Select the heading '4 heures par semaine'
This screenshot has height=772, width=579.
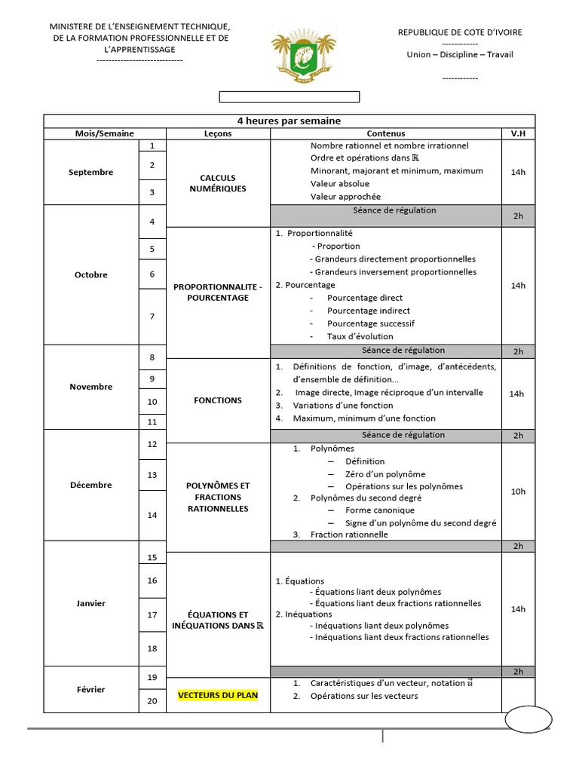coord(289,121)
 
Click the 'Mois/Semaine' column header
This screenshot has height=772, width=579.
coord(104,133)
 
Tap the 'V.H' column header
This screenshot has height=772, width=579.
coord(518,133)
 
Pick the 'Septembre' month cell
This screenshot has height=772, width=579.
coord(90,172)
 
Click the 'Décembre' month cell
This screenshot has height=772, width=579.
coord(90,485)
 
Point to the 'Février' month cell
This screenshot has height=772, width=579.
coord(90,689)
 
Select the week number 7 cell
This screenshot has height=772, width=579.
coord(152,317)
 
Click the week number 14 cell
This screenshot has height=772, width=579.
coord(152,515)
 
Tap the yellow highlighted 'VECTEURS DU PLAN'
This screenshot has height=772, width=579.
coord(217,696)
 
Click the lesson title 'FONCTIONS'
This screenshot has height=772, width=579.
coord(217,400)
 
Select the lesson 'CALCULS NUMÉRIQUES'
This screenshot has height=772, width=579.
coord(217,183)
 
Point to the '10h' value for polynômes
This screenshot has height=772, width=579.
coord(518,492)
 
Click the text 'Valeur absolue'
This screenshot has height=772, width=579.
coord(339,184)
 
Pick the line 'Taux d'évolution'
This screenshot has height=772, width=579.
coord(360,336)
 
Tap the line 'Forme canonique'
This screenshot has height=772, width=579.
coord(379,510)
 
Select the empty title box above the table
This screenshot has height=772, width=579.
coord(289,96)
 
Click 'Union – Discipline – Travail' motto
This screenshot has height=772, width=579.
coord(459,54)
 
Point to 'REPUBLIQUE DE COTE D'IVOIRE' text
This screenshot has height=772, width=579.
coord(459,32)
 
